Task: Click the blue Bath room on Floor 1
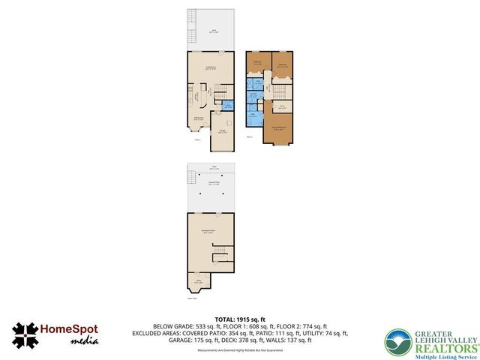pyautogui.click(x=229, y=105)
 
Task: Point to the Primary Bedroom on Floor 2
pyautogui.click(x=277, y=129)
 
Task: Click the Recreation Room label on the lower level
pyautogui.click(x=212, y=232)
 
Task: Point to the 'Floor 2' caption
pyautogui.click(x=250, y=137)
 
